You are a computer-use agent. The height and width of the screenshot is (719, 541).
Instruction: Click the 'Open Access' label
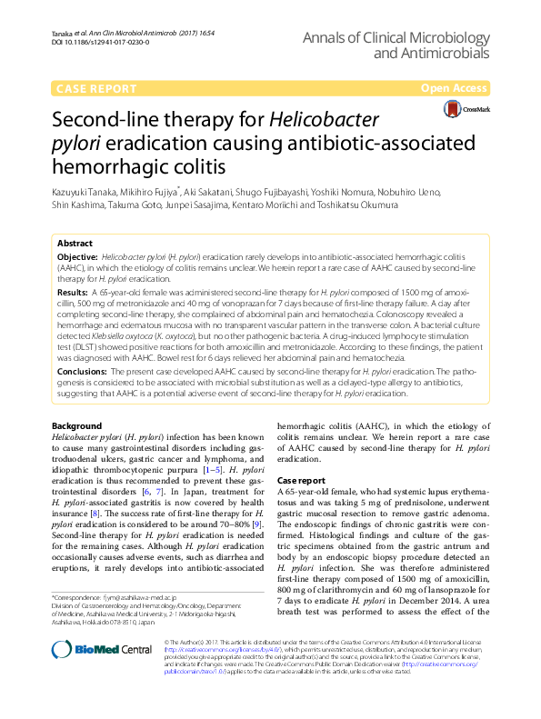(x=456, y=87)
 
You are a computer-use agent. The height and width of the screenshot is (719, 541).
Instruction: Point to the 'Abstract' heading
(x=75, y=244)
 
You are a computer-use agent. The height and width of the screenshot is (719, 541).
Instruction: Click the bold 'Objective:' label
(x=77, y=259)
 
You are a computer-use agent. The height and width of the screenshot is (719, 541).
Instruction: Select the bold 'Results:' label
(x=73, y=294)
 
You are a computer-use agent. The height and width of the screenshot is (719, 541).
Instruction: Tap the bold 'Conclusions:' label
(x=82, y=373)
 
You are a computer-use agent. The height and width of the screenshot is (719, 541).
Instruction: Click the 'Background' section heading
(x=77, y=426)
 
